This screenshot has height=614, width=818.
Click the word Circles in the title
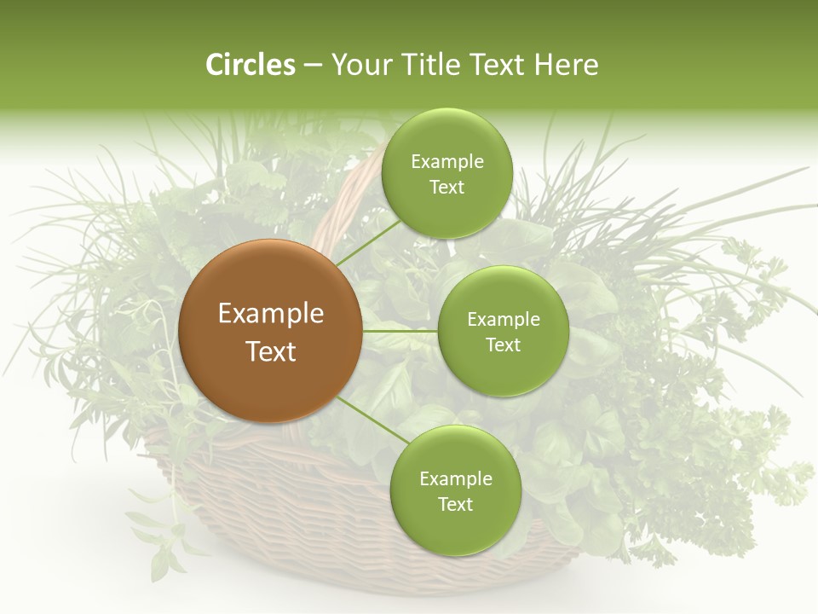point(251,65)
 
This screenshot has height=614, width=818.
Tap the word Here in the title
point(566,65)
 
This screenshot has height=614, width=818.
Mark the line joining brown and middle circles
point(400,331)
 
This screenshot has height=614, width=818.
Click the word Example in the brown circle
point(271,313)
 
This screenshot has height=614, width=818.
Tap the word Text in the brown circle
point(271,351)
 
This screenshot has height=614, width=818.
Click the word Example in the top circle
point(446,161)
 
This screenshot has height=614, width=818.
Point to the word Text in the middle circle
point(503,345)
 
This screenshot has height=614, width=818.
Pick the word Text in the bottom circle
point(455,504)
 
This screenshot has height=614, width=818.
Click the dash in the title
point(313,65)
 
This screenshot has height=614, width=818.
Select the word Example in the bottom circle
point(455,478)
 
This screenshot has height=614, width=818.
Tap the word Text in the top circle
point(446,187)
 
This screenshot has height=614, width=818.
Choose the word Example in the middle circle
point(503,319)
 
